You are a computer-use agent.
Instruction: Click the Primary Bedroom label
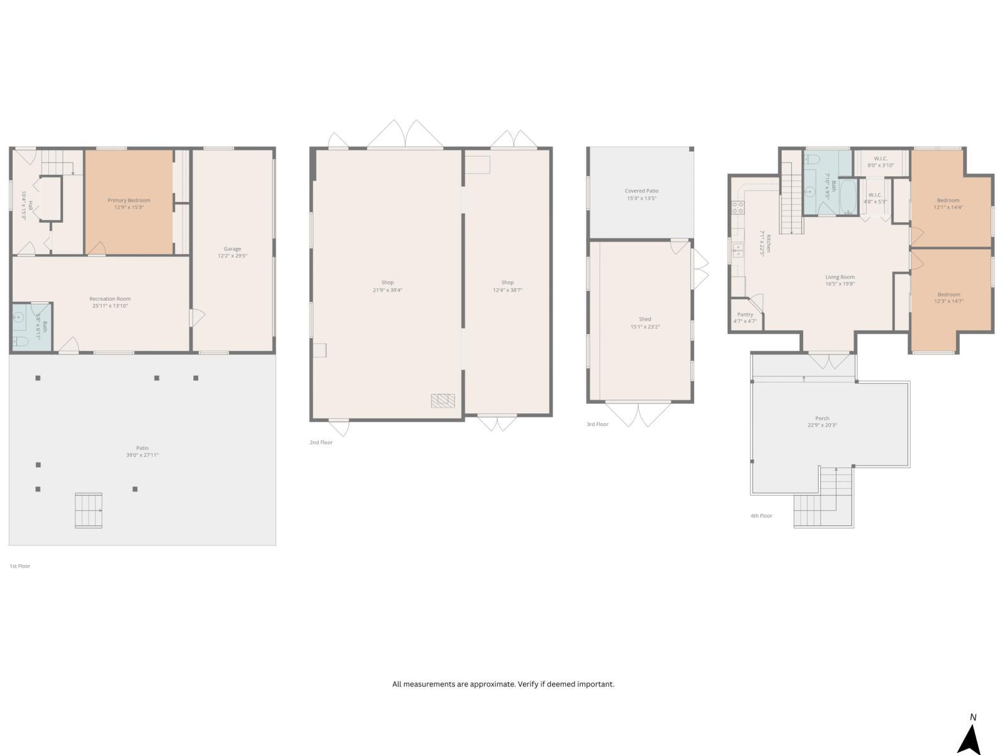(x=129, y=200)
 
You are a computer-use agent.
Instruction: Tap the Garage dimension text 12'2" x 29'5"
(x=232, y=256)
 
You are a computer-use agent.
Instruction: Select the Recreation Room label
(x=110, y=299)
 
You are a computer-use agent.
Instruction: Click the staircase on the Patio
(x=88, y=510)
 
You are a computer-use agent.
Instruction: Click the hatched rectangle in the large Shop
(x=442, y=400)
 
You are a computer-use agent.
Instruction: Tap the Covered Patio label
(x=641, y=191)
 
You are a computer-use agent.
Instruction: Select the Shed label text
(x=645, y=319)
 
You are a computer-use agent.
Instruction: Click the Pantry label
(x=745, y=315)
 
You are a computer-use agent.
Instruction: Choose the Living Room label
(x=840, y=277)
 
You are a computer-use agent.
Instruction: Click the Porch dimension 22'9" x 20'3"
(x=822, y=425)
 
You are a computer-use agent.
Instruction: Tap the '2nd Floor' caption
(x=321, y=442)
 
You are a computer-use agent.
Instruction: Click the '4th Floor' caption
(x=761, y=516)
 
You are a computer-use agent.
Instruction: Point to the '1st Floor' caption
(x=20, y=566)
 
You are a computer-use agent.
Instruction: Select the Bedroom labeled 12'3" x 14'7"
(x=948, y=298)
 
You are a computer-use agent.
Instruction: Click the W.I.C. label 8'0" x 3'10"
(x=880, y=162)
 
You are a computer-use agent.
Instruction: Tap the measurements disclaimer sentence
(x=503, y=684)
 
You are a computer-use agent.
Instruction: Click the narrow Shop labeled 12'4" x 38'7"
(x=507, y=286)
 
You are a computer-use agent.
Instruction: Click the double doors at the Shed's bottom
(x=638, y=414)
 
